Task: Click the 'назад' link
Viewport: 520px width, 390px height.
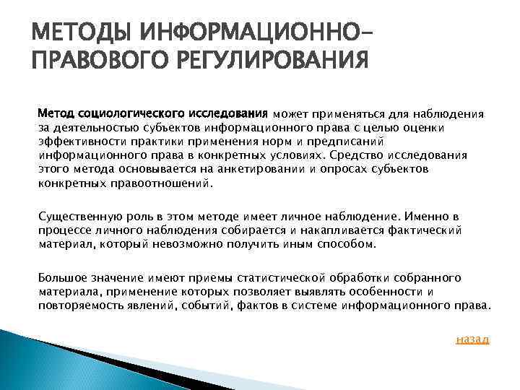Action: click(x=472, y=339)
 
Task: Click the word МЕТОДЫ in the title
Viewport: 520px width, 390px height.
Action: click(x=69, y=32)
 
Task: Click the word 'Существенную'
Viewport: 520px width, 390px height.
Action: click(x=77, y=217)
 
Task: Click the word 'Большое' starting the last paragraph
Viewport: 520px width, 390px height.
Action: click(x=61, y=278)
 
